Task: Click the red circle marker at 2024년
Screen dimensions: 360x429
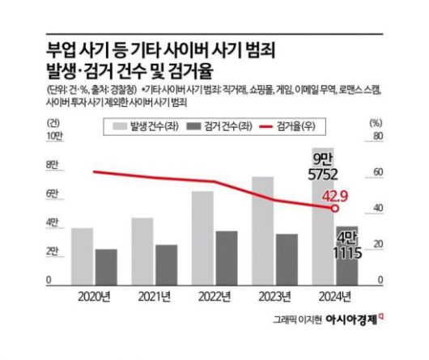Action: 334,209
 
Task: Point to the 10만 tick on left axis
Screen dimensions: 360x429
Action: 52,136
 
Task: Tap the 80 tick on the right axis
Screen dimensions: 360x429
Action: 375,136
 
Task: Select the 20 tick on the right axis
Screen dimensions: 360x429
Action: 375,244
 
